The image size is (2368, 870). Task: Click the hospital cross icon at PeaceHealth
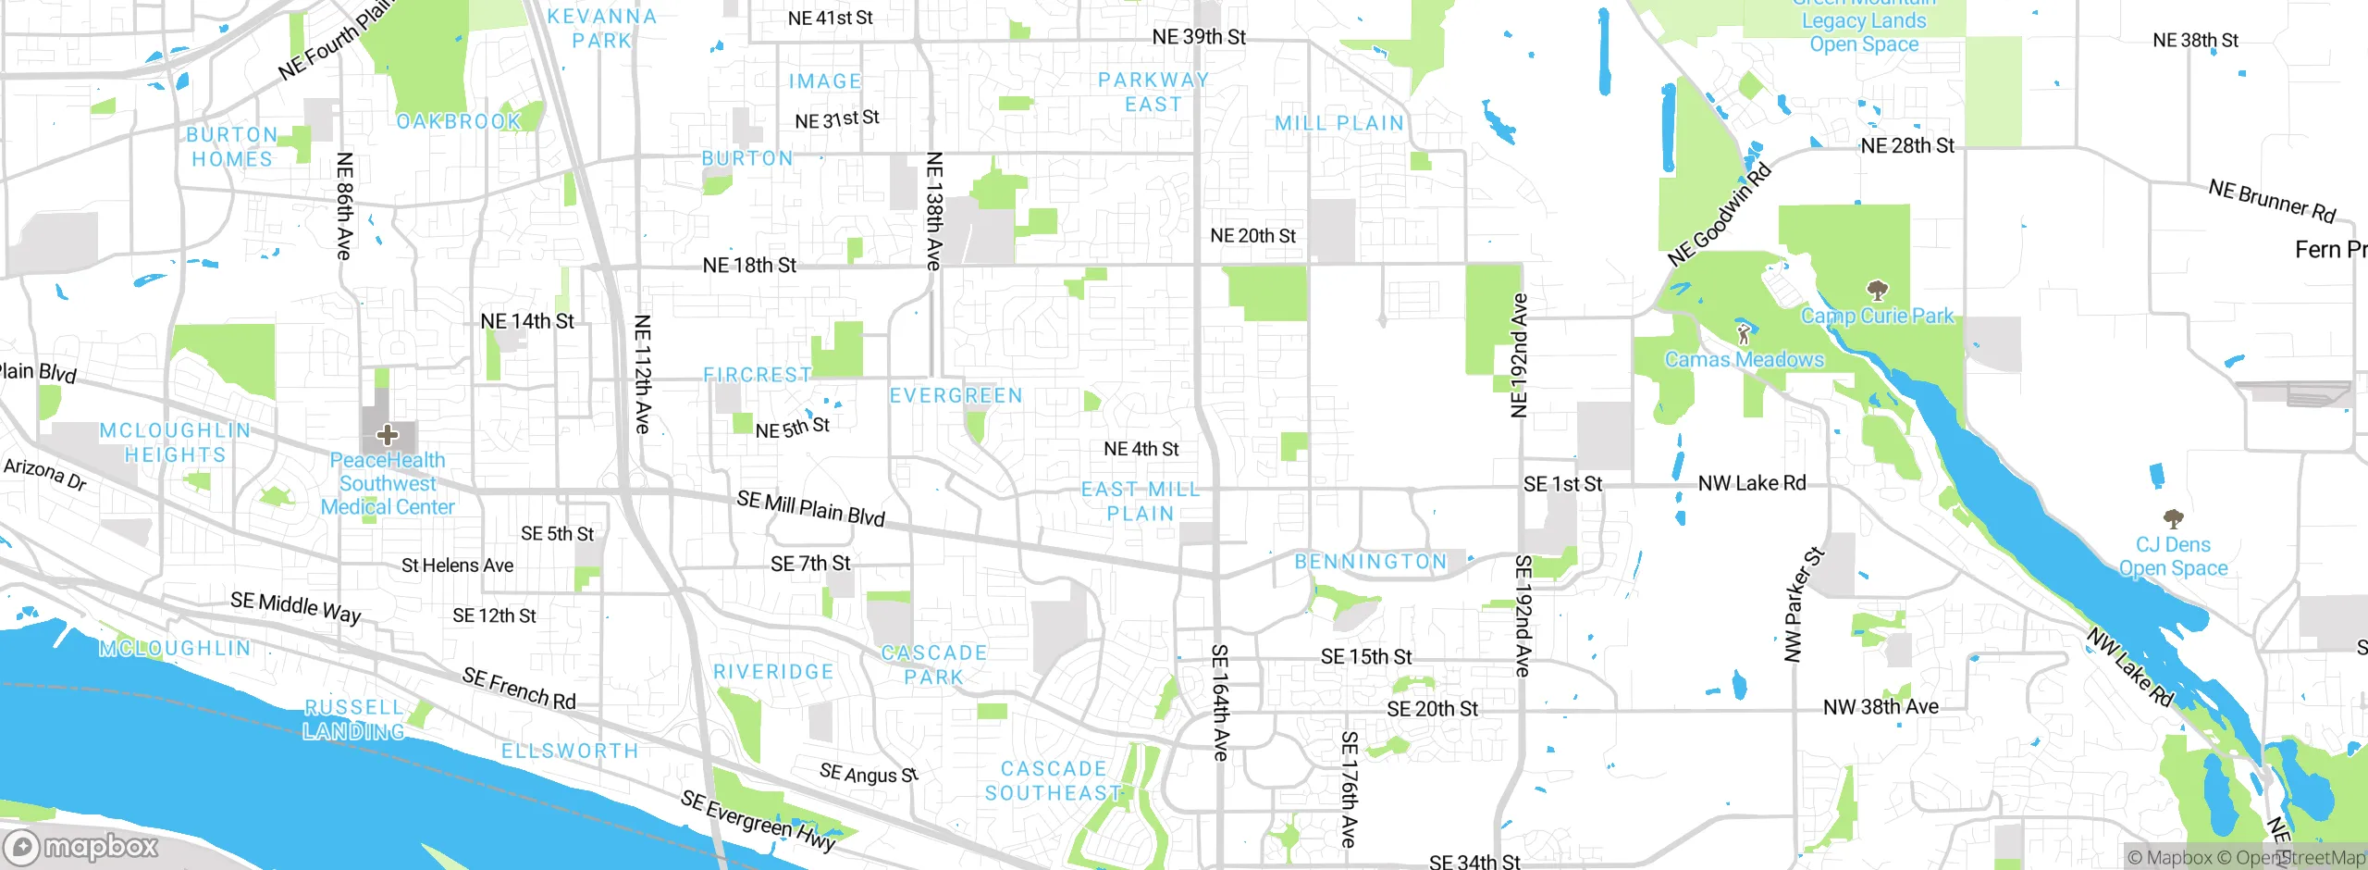388,435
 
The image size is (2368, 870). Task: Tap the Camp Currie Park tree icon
1877,292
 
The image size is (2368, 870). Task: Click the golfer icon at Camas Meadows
1744,334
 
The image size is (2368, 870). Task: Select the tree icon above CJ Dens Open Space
2173,518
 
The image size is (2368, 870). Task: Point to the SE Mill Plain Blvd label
810,507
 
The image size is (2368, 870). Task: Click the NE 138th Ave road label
934,211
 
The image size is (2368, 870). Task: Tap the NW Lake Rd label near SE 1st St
1752,483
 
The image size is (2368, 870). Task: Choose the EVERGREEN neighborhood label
956,396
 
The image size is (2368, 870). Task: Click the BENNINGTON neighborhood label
1370,562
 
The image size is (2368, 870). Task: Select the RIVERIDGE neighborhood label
773,672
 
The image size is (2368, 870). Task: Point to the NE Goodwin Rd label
1720,215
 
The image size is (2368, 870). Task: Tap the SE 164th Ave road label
1220,703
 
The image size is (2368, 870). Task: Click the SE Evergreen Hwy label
758,820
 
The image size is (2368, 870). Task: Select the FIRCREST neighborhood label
757,375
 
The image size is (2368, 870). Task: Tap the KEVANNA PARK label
601,28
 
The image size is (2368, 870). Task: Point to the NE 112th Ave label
643,374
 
